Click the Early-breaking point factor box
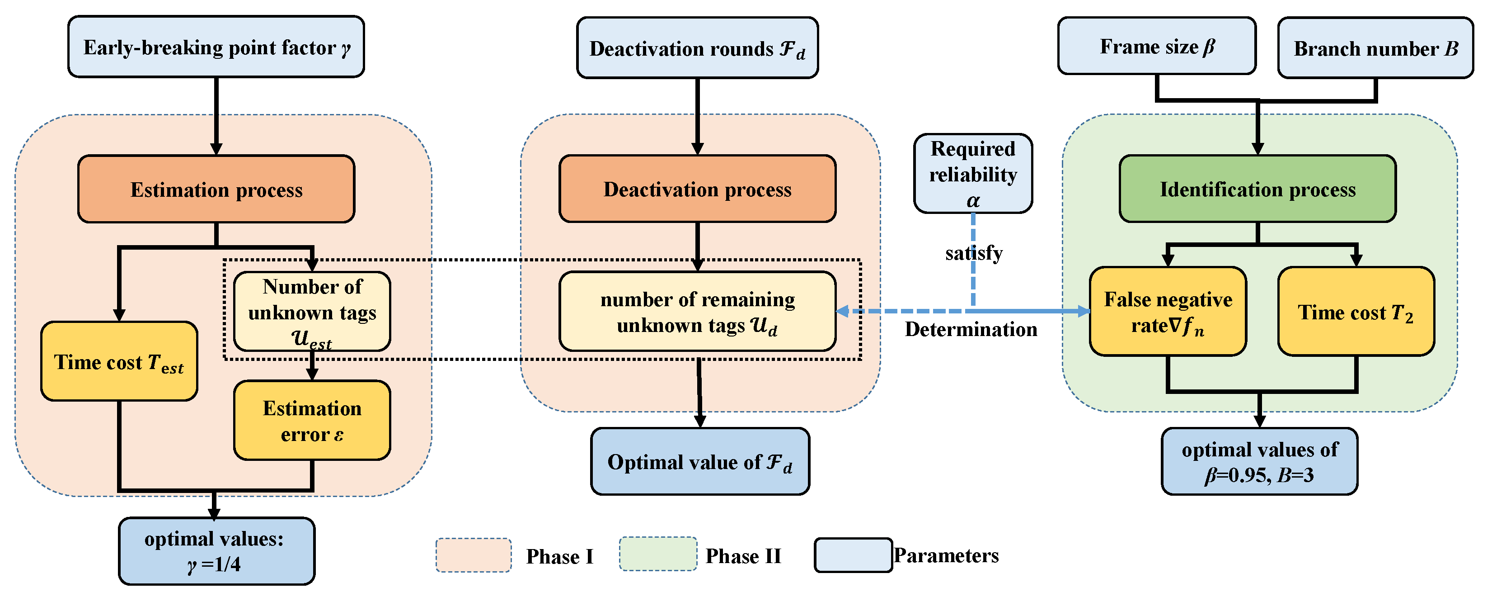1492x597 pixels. pos(216,47)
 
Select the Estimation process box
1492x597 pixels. pos(216,189)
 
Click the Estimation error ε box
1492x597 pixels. pos(312,420)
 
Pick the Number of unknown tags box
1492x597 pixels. pos(312,311)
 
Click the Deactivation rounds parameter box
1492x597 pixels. pos(697,48)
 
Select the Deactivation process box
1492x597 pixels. pos(697,189)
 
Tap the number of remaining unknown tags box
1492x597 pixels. pos(697,311)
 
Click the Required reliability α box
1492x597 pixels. pos(972,173)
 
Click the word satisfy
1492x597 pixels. pos(974,253)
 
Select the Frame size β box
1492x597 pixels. pos(1157,46)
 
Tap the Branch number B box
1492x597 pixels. pos(1375,48)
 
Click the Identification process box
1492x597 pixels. pos(1257,189)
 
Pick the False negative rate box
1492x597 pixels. pos(1167,311)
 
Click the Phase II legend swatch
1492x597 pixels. pos(657,554)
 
